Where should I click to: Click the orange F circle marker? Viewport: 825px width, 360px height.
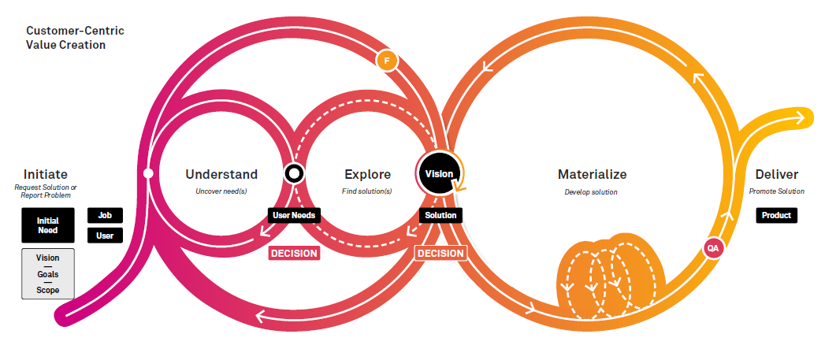387,61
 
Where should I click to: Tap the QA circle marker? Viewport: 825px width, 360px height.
713,248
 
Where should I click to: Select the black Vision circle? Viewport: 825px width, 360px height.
439,173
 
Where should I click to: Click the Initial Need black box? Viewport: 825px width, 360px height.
48,225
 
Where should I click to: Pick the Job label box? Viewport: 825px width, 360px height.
105,215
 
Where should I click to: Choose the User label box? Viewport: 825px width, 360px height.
105,236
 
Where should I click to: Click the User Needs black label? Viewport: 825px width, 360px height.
294,215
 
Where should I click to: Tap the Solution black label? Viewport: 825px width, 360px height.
441,215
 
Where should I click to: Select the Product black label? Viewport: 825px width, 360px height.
777,215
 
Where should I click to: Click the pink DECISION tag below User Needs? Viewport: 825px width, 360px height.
295,253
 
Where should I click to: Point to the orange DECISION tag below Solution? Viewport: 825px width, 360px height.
441,253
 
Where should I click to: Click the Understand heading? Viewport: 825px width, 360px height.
221,174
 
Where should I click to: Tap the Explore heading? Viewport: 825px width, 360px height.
368,174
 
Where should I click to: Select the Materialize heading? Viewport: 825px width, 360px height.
592,174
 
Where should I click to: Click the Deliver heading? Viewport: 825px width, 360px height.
777,174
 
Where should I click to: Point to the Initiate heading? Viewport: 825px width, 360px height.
46,174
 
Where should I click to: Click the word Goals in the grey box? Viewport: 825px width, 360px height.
48,274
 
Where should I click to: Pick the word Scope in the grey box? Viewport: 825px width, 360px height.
48,290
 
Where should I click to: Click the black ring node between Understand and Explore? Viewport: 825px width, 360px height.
294,173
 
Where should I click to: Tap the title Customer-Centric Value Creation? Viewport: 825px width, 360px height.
75,37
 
